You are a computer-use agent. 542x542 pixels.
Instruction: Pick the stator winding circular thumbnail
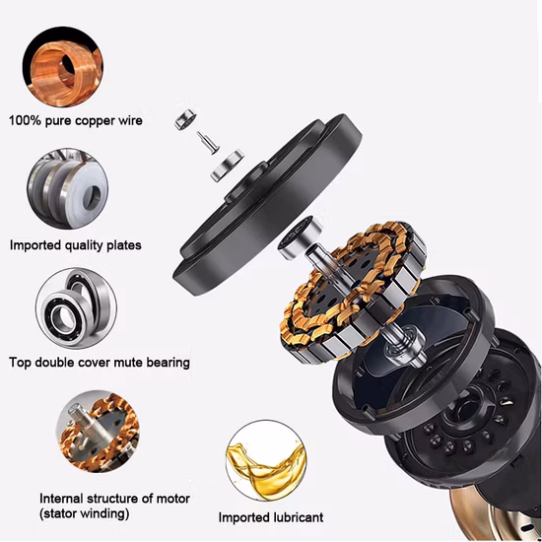98,433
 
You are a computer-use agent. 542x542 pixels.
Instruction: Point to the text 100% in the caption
27,121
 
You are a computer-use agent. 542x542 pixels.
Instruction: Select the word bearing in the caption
164,362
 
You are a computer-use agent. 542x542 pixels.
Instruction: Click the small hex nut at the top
183,120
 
